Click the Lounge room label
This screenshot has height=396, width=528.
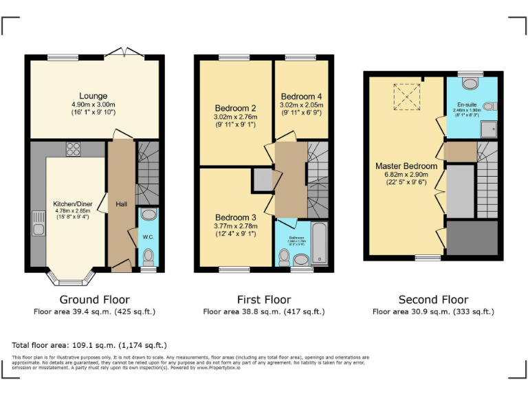tap(93, 96)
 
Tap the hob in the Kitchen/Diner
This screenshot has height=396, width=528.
tap(73, 148)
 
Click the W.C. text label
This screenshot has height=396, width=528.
tap(148, 238)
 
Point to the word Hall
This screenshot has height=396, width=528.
tap(121, 203)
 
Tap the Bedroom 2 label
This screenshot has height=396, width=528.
tap(235, 108)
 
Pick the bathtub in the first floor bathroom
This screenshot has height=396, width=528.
tap(320, 243)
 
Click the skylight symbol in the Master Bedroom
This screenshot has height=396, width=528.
tap(405, 96)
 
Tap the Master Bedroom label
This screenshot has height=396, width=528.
tap(406, 166)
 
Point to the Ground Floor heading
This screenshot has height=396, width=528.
tap(94, 299)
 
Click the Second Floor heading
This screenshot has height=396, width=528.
tap(433, 299)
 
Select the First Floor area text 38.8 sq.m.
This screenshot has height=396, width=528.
tap(263, 311)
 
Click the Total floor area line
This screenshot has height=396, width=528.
tap(89, 344)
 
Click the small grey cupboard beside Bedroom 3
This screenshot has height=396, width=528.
tap(263, 179)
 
